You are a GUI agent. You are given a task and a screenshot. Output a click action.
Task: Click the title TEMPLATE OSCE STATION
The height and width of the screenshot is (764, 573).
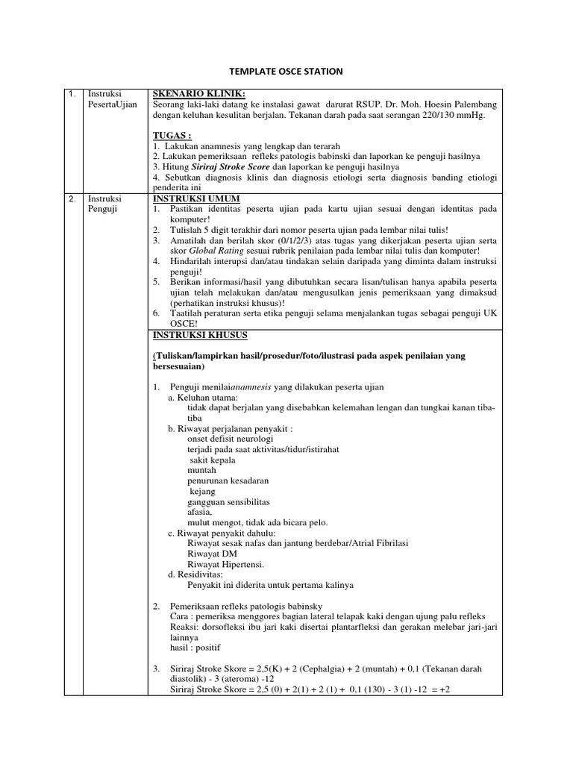tap(286, 71)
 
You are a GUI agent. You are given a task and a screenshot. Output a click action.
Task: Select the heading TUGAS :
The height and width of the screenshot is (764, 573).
tap(172, 135)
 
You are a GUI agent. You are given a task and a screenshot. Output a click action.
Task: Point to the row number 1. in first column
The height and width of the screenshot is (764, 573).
tap(72, 94)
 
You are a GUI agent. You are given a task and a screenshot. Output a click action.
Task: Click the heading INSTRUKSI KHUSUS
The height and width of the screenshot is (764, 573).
tap(201, 335)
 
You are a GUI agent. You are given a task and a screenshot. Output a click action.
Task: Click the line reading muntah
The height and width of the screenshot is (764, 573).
tap(201, 470)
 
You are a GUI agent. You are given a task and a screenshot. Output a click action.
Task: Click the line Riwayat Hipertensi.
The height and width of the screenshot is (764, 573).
tap(225, 564)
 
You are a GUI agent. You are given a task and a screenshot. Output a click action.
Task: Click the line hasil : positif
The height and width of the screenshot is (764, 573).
tap(195, 648)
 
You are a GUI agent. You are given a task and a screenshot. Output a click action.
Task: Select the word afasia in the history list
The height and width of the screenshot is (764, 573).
tap(200, 512)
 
